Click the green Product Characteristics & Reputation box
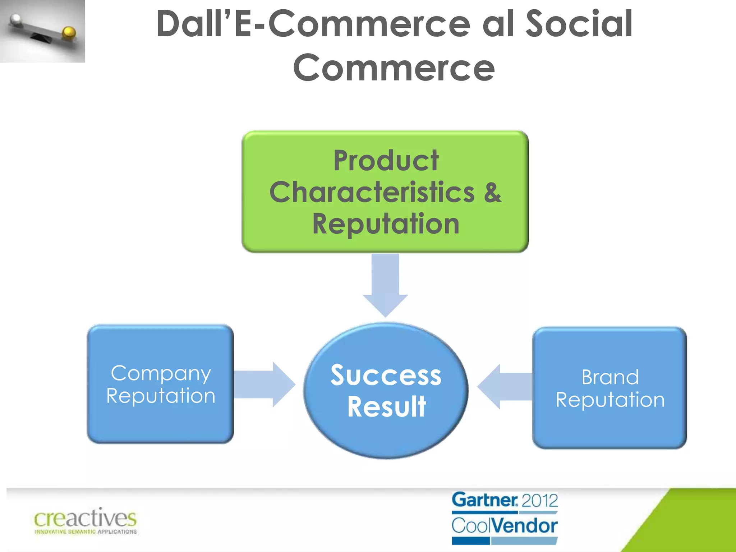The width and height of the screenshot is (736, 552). pos(385,192)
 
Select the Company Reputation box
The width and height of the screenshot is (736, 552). pos(160,384)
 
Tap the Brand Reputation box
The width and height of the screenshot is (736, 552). pos(609,388)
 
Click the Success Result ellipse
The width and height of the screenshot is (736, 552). pos(386,391)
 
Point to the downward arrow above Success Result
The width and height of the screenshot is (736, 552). pos(385,284)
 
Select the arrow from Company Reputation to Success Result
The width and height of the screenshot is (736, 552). pos(264,385)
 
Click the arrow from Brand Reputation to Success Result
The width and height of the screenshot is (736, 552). pos(505,387)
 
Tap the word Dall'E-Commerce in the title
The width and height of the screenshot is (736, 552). pos(313,24)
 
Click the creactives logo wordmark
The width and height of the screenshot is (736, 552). pos(86,519)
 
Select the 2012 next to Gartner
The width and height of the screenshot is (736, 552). pos(539,501)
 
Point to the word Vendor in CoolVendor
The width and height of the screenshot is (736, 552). pos(525,526)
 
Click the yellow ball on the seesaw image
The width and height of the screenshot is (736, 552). pos(69,33)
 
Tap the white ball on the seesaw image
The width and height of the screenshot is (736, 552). pos(16,20)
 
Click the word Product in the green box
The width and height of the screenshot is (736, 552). pos(386,160)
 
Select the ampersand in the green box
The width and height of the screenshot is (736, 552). pos(492,192)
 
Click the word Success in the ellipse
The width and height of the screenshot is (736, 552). pos(386,375)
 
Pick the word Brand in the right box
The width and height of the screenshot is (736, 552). pos(610,377)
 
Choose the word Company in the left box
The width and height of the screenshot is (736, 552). pos(161,373)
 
